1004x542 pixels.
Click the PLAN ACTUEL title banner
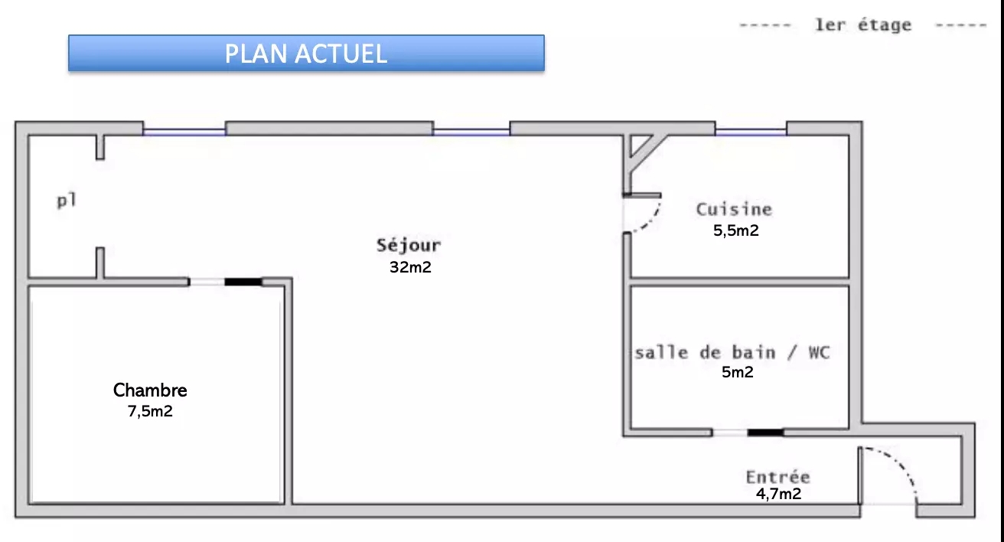click(306, 53)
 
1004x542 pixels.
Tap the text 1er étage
click(863, 25)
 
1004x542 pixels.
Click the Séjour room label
click(409, 246)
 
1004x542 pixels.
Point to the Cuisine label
click(734, 209)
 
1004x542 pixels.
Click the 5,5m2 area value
click(736, 230)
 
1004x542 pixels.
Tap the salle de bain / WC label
click(732, 353)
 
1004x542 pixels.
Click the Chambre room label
click(150, 390)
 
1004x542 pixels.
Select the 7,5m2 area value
click(150, 411)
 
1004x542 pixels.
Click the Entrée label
click(777, 477)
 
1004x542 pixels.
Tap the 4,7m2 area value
click(778, 494)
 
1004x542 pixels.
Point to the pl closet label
click(67, 201)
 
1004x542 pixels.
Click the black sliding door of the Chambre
click(243, 282)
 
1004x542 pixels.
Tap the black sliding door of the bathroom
click(765, 433)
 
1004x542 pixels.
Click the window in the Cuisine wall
click(751, 132)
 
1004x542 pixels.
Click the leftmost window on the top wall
click(184, 132)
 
